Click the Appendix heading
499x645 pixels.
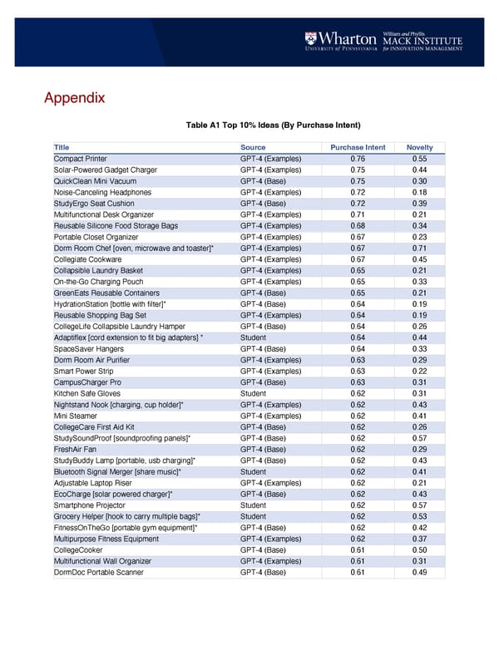coord(74,98)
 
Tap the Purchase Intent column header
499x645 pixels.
coord(358,148)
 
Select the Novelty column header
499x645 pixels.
coord(419,148)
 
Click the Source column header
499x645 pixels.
coord(253,148)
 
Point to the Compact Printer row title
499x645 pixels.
coord(80,159)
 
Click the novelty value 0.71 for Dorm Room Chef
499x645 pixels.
coord(419,249)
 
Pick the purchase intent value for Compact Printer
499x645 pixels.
coord(358,159)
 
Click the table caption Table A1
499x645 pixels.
coord(274,126)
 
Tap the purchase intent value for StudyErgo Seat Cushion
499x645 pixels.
coord(358,204)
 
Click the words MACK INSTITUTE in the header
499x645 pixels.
coord(422,38)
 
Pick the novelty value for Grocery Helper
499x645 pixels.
coord(419,516)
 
